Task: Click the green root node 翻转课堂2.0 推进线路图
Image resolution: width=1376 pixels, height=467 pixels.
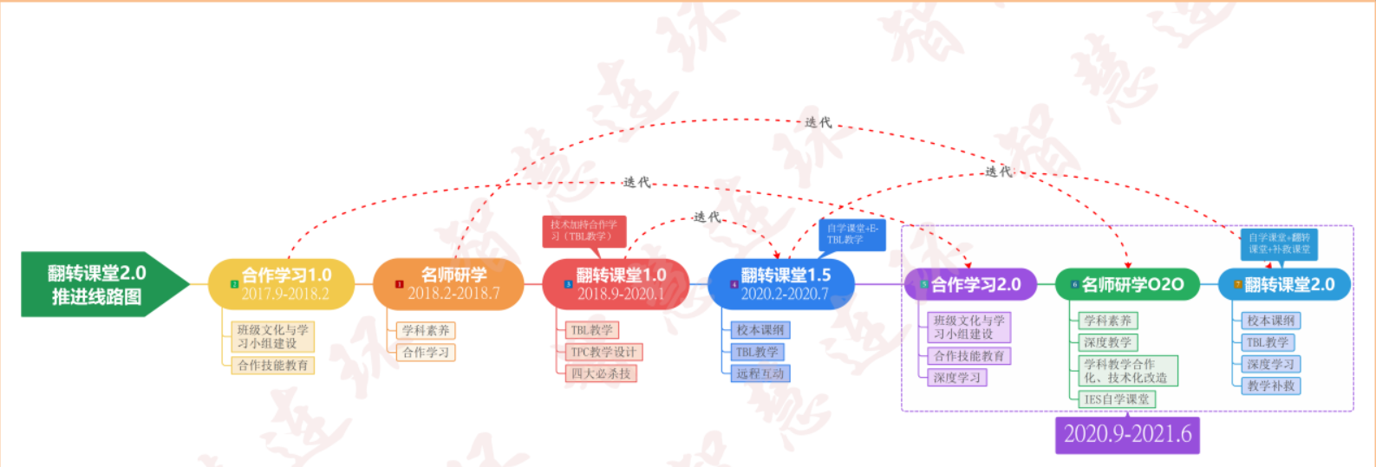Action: (x=97, y=284)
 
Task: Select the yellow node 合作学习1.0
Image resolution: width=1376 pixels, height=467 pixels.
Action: (x=282, y=284)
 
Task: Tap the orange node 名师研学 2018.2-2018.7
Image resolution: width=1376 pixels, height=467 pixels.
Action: (x=449, y=284)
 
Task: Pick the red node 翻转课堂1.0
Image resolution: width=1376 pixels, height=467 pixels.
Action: (x=616, y=284)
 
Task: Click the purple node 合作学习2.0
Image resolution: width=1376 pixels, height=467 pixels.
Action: (x=971, y=284)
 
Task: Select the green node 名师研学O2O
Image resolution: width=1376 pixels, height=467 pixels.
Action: (x=1127, y=284)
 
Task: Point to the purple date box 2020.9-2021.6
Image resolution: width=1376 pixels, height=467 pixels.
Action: (x=1127, y=434)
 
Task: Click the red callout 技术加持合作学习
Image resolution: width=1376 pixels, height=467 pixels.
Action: (x=584, y=230)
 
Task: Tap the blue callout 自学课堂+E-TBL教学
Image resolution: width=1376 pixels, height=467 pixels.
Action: (x=851, y=234)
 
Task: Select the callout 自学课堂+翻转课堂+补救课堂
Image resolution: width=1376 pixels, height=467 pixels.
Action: (x=1279, y=243)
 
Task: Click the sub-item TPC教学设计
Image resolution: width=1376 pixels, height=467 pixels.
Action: (x=603, y=352)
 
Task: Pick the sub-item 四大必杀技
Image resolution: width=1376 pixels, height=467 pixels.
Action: (x=600, y=373)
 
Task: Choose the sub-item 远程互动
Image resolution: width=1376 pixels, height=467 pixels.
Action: (x=760, y=373)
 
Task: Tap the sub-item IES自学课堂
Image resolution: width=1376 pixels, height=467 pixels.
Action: (x=1116, y=399)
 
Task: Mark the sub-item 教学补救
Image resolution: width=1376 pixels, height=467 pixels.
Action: (x=1271, y=386)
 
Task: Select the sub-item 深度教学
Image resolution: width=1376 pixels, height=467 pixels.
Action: (x=1107, y=342)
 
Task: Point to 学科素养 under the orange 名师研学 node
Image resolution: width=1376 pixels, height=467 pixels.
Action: (x=426, y=330)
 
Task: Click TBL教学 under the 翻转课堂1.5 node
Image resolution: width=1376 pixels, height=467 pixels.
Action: (x=757, y=352)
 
